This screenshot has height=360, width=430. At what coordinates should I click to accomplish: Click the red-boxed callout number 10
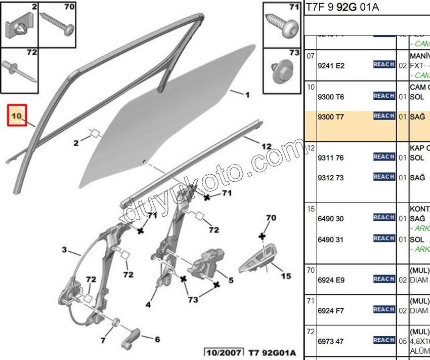tap(17, 116)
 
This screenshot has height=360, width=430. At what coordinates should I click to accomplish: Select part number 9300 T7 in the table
tap(331, 116)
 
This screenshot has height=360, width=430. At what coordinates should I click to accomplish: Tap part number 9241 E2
tap(331, 65)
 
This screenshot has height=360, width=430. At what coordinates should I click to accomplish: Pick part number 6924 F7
tap(331, 309)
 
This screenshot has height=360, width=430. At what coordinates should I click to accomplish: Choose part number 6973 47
tap(331, 340)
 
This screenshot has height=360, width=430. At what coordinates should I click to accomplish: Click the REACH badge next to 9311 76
tap(384, 157)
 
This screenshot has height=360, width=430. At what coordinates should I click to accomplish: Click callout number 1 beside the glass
tap(247, 95)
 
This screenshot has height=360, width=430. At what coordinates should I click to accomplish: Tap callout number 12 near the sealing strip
tap(267, 147)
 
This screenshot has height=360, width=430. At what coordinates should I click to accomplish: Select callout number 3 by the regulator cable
tap(64, 250)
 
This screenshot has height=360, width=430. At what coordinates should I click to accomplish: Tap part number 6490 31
tap(331, 239)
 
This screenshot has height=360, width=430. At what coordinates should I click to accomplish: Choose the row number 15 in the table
tap(310, 209)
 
